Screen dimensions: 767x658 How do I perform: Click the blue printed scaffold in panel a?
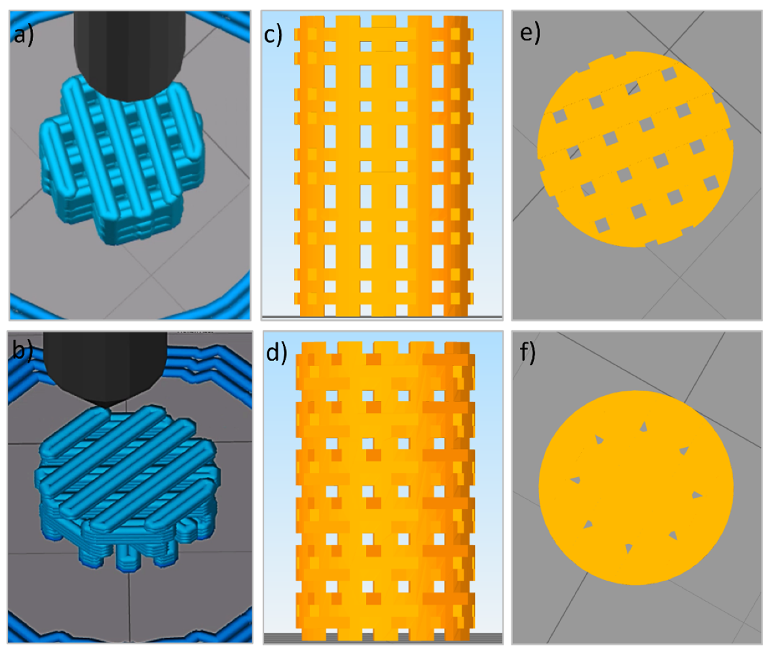pyautogui.click(x=122, y=159)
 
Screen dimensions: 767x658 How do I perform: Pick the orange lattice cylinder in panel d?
pyautogui.click(x=385, y=492)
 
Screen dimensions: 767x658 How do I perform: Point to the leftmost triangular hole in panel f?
pyautogui.click(x=575, y=480)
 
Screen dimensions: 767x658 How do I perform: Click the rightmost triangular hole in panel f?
pyautogui.click(x=696, y=495)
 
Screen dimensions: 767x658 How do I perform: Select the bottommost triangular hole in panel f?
pyautogui.click(x=628, y=548)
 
